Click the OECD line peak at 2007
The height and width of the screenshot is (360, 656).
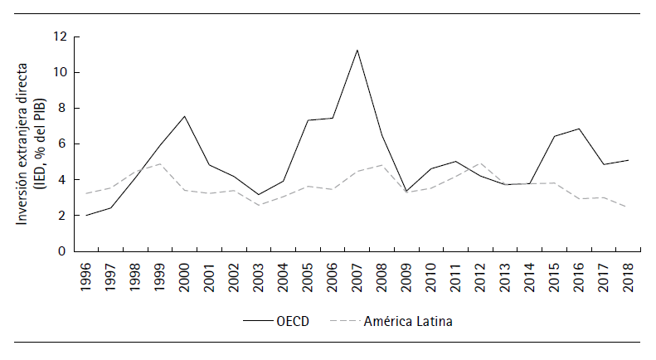(357, 50)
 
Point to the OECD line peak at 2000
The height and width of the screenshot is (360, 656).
(184, 116)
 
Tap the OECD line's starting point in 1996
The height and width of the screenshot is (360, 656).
(85, 216)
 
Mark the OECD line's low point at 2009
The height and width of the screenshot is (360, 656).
(406, 192)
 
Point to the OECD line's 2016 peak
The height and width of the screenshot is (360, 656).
(579, 129)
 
